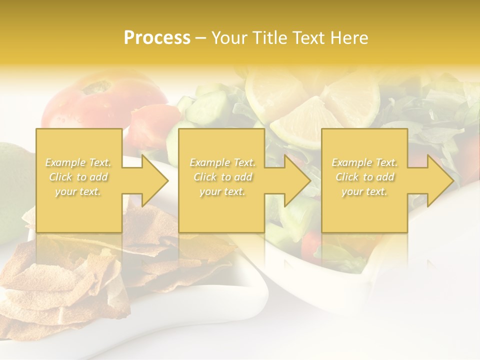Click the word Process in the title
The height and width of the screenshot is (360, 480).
coord(157,37)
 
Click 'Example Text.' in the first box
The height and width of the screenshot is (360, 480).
coord(78,162)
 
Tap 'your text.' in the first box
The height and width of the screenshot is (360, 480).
coord(78,191)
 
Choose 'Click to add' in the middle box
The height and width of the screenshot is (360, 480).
coord(222,177)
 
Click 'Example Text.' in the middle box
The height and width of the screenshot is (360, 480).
coord(222,162)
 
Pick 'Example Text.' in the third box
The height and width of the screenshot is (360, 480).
coord(364,162)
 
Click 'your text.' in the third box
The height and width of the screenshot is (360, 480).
coord(364,191)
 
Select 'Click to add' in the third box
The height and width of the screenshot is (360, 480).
coord(364,177)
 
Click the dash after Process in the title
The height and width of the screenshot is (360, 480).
coord(200,38)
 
